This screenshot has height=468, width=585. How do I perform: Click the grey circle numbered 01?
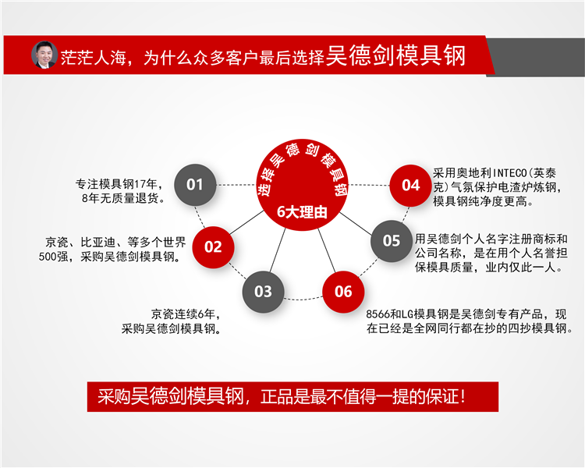(194, 185)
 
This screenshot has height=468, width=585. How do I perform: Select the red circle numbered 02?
(213, 247)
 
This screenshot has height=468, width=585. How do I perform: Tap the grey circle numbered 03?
(263, 292)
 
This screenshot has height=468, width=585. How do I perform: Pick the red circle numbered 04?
(410, 185)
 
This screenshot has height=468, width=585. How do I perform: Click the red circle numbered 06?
(343, 292)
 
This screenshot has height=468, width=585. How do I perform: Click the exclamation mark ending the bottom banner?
(464, 396)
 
